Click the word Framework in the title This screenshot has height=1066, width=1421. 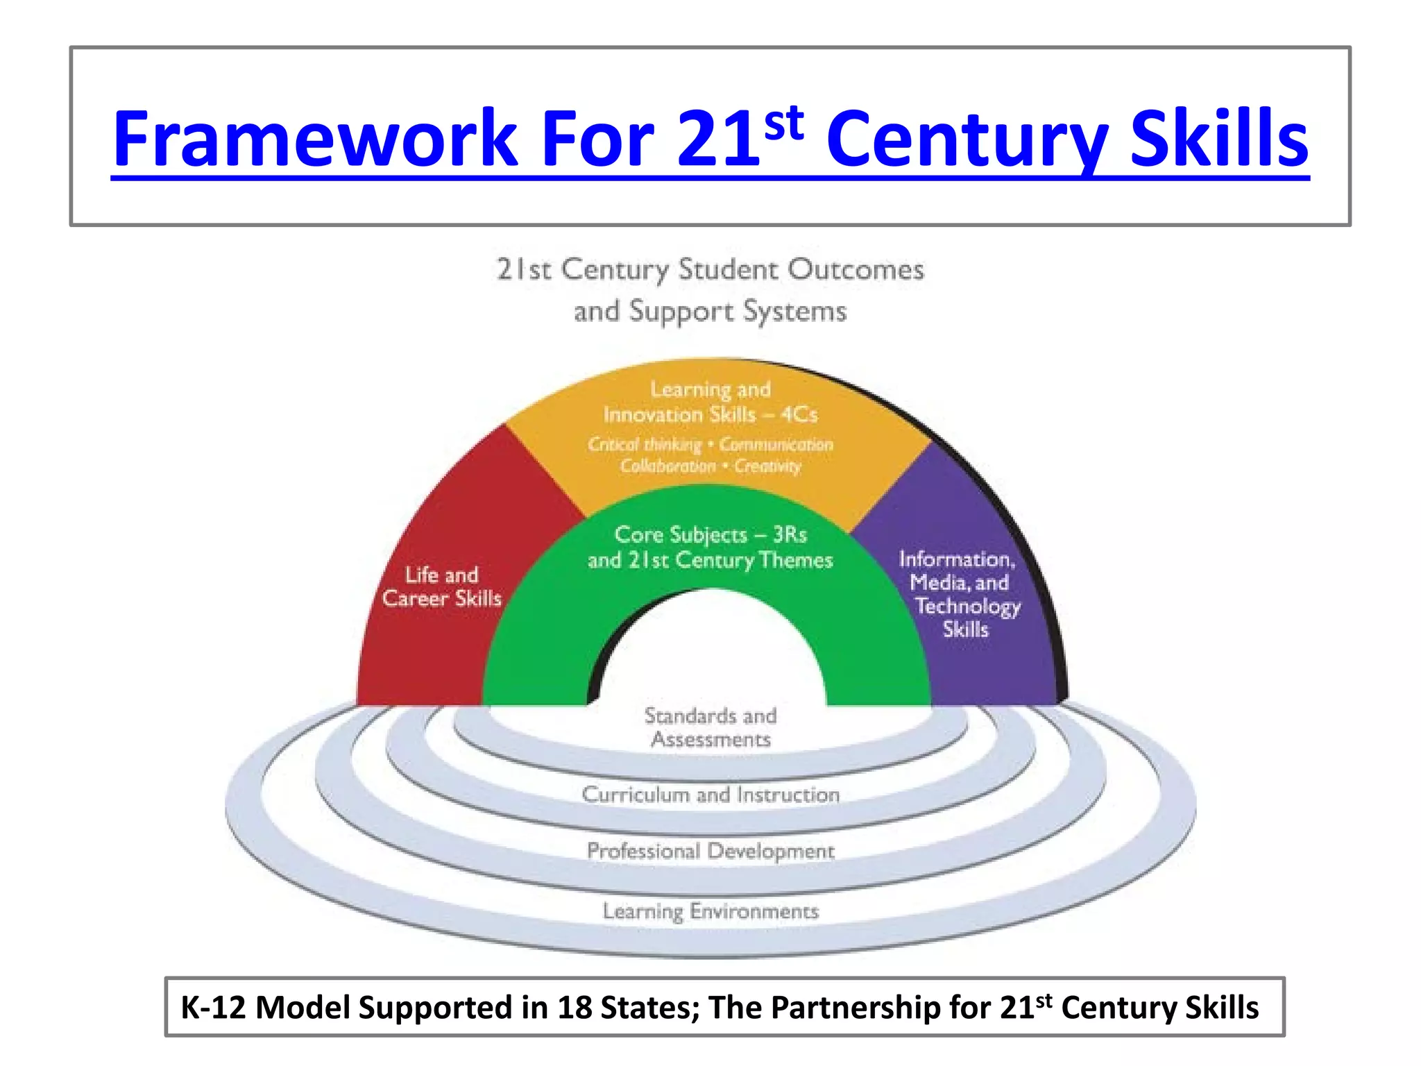tap(316, 139)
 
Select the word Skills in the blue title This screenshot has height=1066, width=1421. tap(1219, 139)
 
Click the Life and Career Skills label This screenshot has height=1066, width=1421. tap(442, 586)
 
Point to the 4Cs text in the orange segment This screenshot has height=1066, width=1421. tap(799, 414)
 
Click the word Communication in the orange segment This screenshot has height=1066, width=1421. tap(776, 444)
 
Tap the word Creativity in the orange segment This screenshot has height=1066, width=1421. tap(767, 466)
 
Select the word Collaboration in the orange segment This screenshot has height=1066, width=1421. tap(667, 466)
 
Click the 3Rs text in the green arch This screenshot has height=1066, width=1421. tap(790, 534)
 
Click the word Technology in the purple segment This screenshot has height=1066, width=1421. tap(967, 607)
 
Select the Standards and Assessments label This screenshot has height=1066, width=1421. tap(710, 727)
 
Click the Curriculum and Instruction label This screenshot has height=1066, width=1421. tap(710, 794)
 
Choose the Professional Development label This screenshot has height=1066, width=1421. tap(710, 851)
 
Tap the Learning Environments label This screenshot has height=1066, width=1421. tap(710, 911)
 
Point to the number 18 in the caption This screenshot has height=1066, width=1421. tap(574, 1008)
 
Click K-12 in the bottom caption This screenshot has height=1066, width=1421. tap(213, 1008)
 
